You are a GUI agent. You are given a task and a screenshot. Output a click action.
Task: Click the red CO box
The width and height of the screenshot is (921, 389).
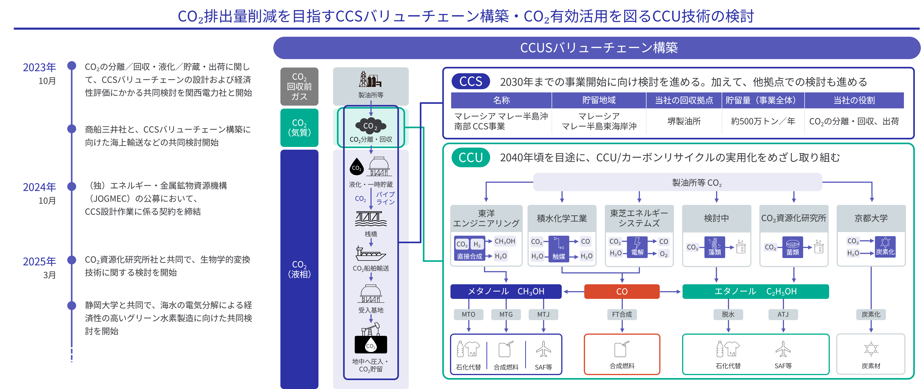pyautogui.click(x=622, y=291)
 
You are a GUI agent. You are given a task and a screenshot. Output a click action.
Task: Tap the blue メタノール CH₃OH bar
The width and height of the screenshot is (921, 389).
pyautogui.click(x=506, y=291)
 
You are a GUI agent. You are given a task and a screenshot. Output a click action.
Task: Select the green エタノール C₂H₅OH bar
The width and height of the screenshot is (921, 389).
pyautogui.click(x=755, y=291)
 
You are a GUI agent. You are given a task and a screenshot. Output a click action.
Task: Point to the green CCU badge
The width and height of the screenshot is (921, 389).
pyautogui.click(x=471, y=157)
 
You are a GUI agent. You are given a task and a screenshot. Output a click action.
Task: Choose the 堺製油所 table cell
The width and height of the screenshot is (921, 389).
pyautogui.click(x=684, y=121)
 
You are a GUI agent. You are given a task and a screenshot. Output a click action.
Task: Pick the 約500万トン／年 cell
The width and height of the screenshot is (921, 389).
pyautogui.click(x=763, y=121)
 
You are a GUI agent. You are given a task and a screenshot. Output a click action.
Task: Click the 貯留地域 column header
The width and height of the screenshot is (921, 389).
pyautogui.click(x=599, y=100)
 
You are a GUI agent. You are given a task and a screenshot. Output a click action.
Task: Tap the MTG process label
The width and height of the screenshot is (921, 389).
pyautogui.click(x=506, y=314)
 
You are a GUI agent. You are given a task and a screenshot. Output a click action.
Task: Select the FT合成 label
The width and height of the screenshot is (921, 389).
pyautogui.click(x=622, y=314)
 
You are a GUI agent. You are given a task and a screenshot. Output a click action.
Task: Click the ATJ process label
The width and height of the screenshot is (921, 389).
pyautogui.click(x=783, y=314)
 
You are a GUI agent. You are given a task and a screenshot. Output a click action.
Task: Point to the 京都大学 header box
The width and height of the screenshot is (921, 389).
pyautogui.click(x=871, y=218)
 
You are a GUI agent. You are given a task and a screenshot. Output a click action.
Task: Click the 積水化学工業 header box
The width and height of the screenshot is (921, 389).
pyautogui.click(x=562, y=218)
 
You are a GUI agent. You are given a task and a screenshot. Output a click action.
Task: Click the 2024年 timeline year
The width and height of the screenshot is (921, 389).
pyautogui.click(x=39, y=187)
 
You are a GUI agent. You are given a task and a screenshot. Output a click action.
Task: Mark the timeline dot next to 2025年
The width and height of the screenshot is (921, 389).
pyautogui.click(x=72, y=260)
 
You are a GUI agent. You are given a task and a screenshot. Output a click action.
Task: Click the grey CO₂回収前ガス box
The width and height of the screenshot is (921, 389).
pyautogui.click(x=299, y=87)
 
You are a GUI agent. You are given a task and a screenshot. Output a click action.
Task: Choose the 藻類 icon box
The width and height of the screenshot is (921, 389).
pyautogui.click(x=715, y=247)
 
